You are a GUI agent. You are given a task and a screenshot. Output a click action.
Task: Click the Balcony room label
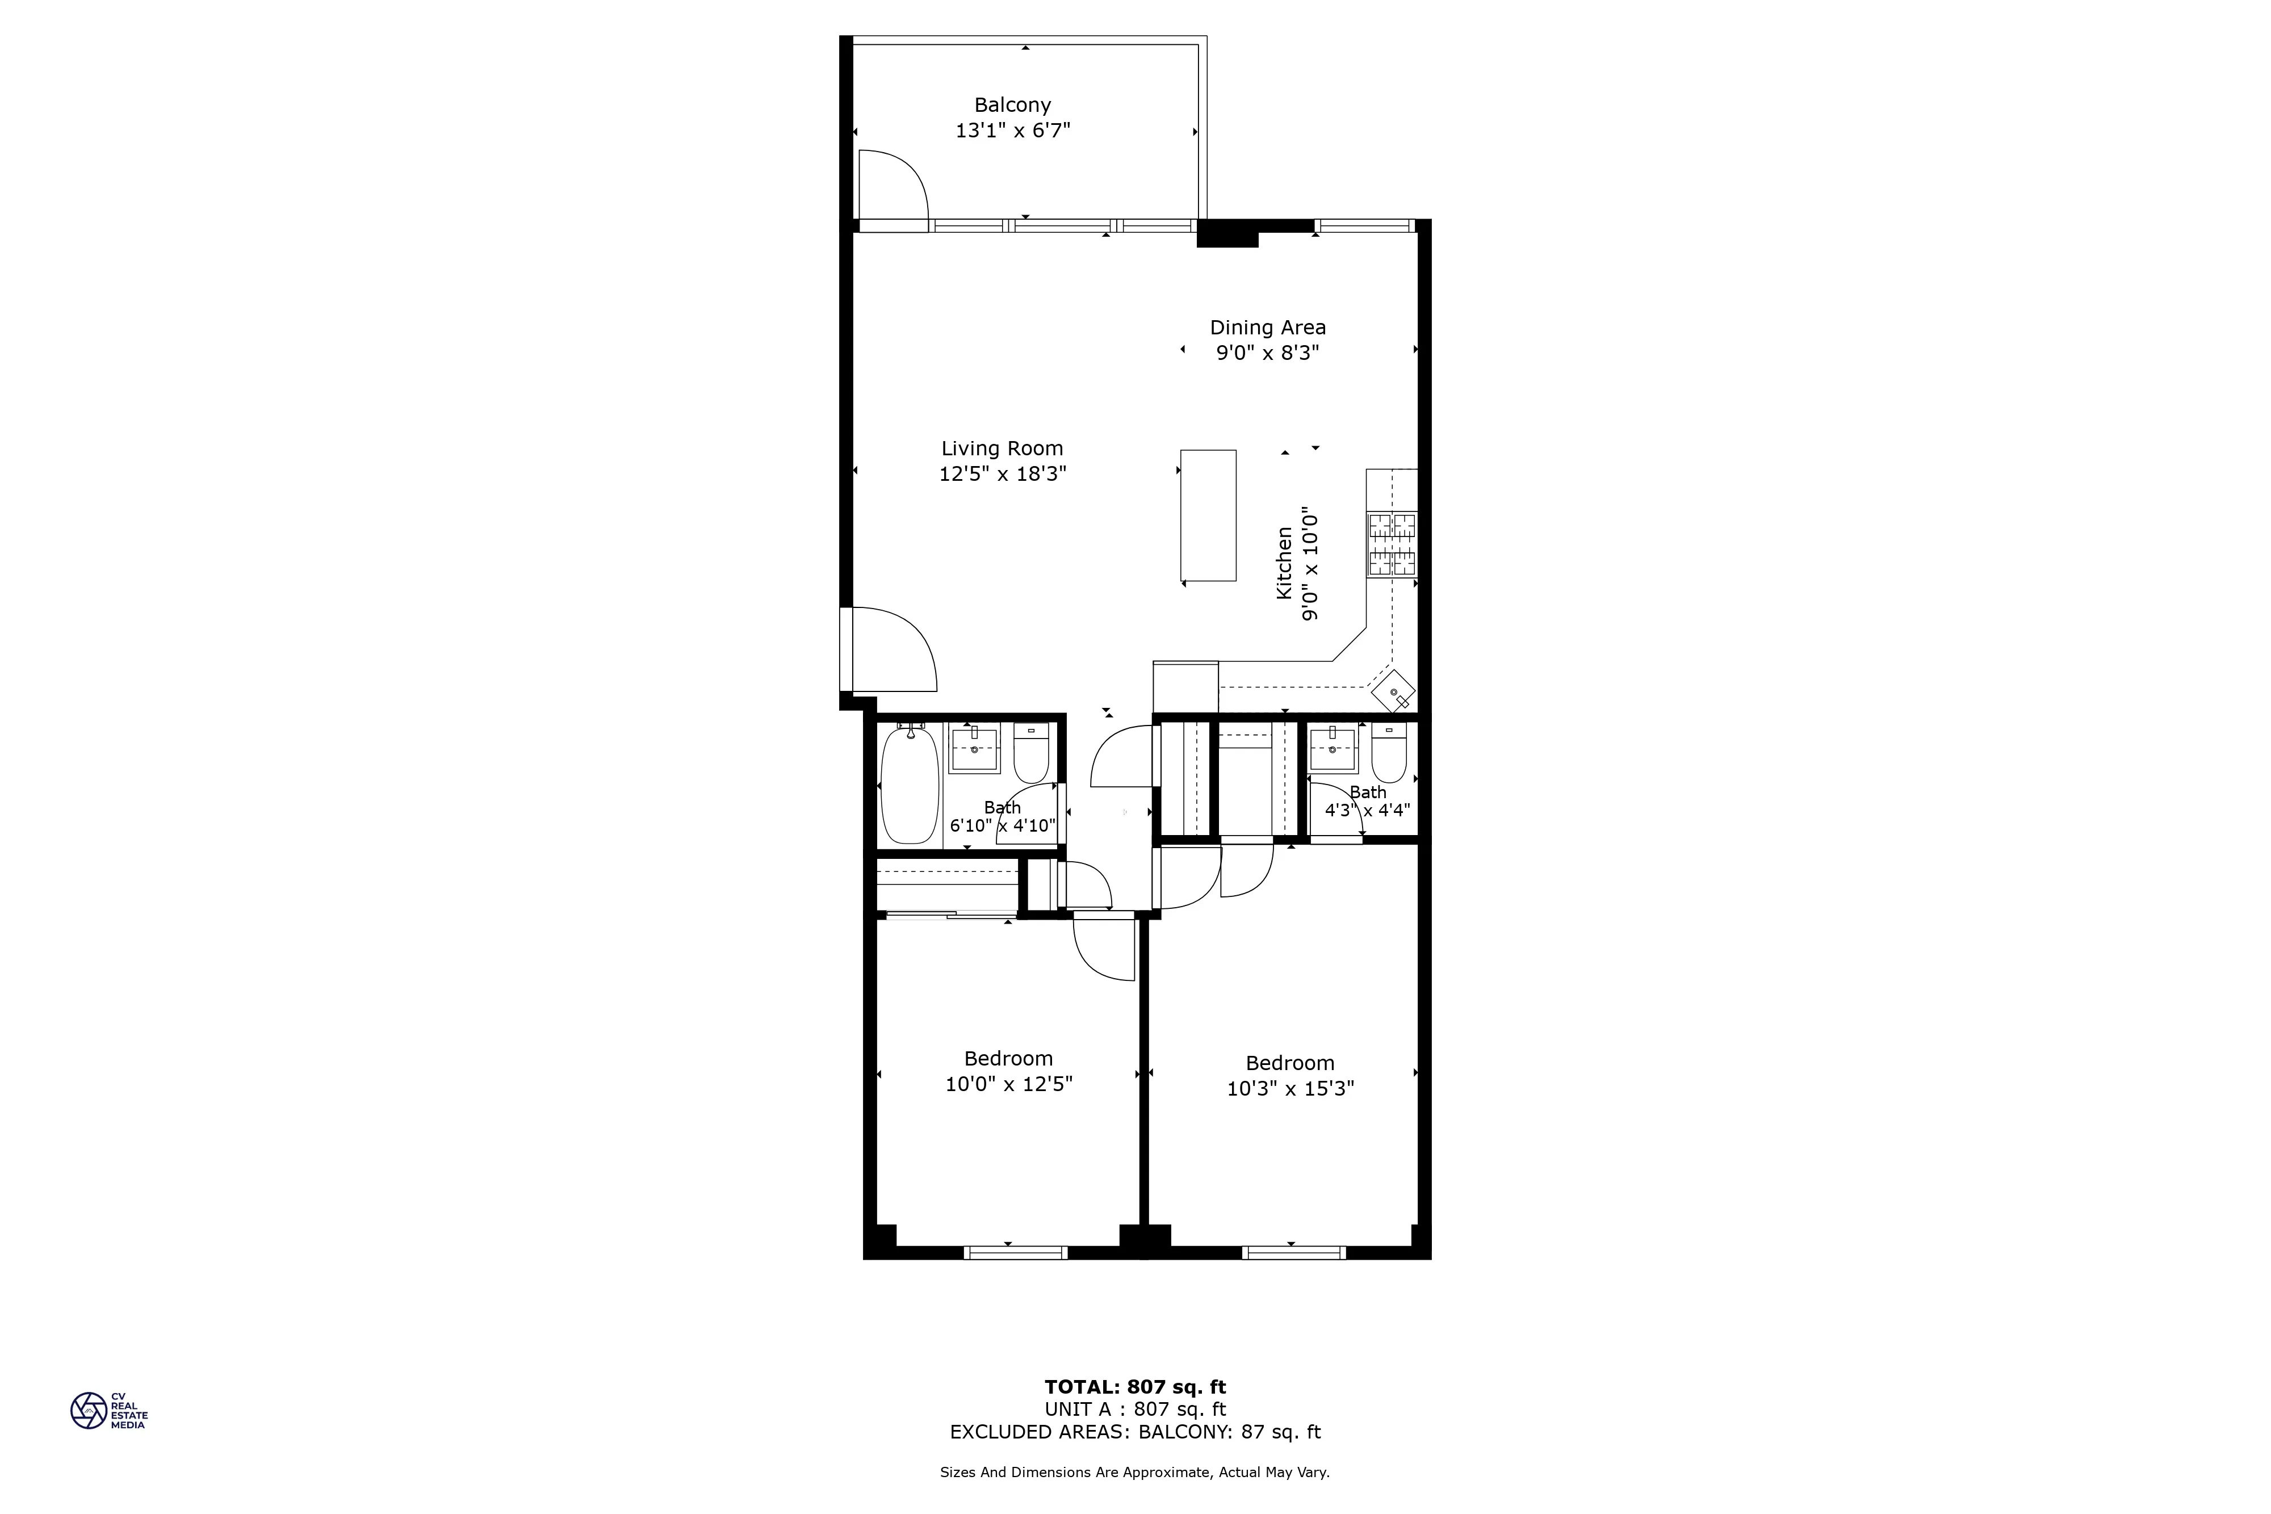(1012, 105)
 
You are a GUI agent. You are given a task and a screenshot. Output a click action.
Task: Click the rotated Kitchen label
(1284, 563)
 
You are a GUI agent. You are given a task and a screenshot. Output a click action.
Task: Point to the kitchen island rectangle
(1208, 515)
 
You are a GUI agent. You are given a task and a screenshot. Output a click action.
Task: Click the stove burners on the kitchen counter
(1392, 544)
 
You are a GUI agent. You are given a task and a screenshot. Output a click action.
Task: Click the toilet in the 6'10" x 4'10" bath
(1031, 752)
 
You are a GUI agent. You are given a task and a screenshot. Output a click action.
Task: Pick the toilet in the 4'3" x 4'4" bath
(1389, 752)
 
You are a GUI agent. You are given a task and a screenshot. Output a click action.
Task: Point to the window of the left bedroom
(1015, 1252)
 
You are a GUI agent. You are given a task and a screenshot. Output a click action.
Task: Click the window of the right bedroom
(1293, 1252)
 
